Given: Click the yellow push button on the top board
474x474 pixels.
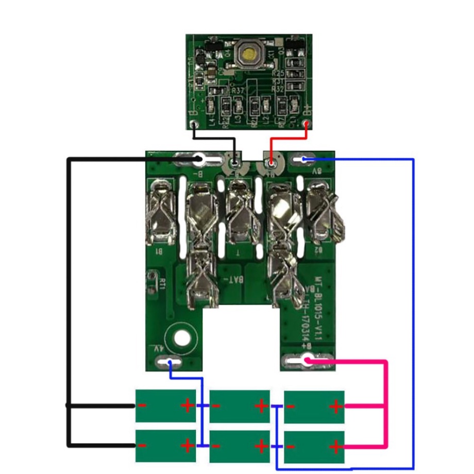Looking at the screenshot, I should [249, 54].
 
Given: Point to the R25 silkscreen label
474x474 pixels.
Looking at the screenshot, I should [279, 73].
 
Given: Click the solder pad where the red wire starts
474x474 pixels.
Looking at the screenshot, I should [307, 124].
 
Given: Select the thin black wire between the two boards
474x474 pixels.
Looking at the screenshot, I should [214, 139].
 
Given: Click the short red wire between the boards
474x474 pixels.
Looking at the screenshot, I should [289, 139].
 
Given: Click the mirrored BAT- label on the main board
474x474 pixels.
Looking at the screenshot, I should [233, 280].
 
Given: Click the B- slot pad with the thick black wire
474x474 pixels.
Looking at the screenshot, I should [199, 159].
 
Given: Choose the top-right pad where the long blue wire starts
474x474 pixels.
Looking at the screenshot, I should [304, 159].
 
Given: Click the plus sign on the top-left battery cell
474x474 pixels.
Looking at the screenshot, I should [188, 405].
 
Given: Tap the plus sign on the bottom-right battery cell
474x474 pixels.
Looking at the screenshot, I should [336, 446].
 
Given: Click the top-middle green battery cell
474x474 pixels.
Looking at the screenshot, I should [240, 406].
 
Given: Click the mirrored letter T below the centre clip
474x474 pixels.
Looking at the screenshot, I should [238, 252].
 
